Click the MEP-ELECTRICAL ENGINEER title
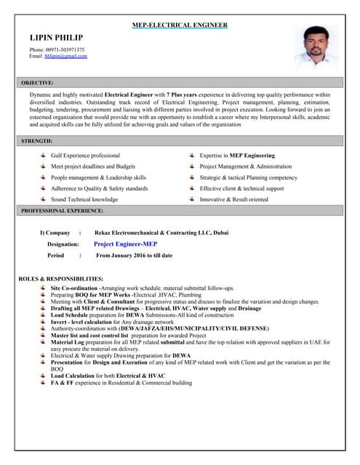[x=180, y=25]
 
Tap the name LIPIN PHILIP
[x=56, y=38]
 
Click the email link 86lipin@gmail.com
[x=65, y=56]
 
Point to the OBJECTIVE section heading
[x=37, y=83]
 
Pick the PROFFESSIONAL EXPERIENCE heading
[x=62, y=211]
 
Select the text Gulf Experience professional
[x=85, y=155]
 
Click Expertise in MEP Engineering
[x=237, y=155]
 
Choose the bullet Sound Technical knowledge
[x=84, y=199]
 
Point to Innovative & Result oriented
[x=233, y=199]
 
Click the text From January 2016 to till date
[x=135, y=256]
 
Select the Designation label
[x=63, y=244]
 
